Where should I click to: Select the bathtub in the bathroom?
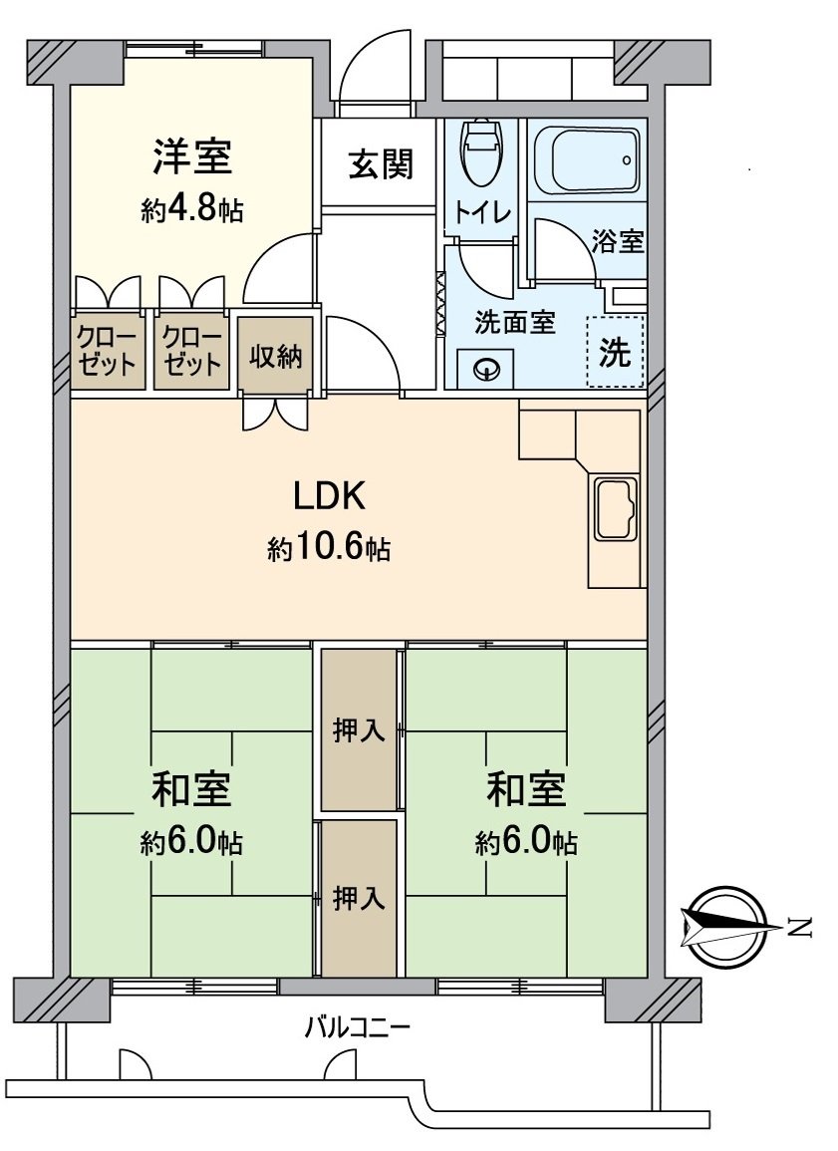point(587,159)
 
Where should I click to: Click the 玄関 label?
point(380,163)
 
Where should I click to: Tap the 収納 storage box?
point(275,356)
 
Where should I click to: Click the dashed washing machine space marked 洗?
point(616,351)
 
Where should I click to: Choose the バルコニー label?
point(357,1028)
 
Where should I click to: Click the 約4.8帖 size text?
point(192,210)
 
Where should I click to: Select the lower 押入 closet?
point(359,899)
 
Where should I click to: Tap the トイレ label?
point(482,212)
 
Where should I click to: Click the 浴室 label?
point(618,241)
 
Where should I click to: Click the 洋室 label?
point(192,157)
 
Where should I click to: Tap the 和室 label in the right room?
point(526,789)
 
